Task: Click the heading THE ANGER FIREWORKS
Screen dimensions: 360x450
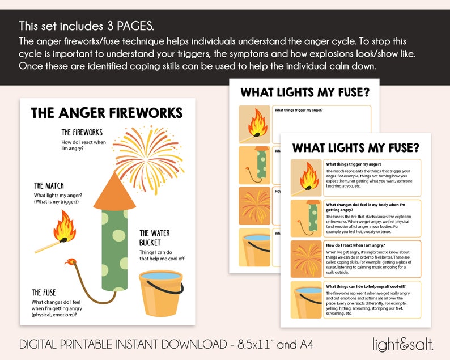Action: tap(107, 112)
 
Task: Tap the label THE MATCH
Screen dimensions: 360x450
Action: tap(49, 185)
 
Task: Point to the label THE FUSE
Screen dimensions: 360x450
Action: tap(44, 293)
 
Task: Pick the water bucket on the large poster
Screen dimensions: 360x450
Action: tap(162, 291)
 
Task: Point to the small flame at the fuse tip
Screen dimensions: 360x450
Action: tap(71, 262)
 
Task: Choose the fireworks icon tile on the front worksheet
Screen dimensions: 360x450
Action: tap(306, 257)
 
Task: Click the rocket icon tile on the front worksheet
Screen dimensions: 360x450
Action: tap(306, 217)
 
